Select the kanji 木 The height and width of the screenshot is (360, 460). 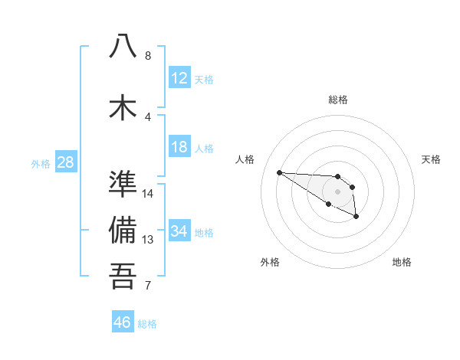click(x=123, y=106)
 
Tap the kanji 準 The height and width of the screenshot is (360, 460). click(x=123, y=185)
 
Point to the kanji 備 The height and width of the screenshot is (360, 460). click(x=123, y=230)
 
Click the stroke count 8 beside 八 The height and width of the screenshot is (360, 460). click(x=148, y=56)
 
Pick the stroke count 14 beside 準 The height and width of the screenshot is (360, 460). click(x=149, y=194)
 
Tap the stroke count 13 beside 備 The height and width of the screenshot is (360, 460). click(x=149, y=240)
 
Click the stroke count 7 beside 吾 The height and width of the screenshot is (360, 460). click(x=148, y=286)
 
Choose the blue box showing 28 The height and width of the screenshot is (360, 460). click(x=65, y=162)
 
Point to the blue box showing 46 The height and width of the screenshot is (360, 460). click(x=123, y=322)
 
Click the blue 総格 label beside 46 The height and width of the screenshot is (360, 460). click(x=147, y=324)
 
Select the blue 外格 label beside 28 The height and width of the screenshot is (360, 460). click(x=41, y=164)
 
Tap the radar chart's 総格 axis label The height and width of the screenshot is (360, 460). click(x=337, y=100)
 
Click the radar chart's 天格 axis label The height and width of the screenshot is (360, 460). click(x=431, y=159)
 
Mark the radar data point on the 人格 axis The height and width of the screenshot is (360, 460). click(x=279, y=172)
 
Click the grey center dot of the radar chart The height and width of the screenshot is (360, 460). click(x=337, y=191)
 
